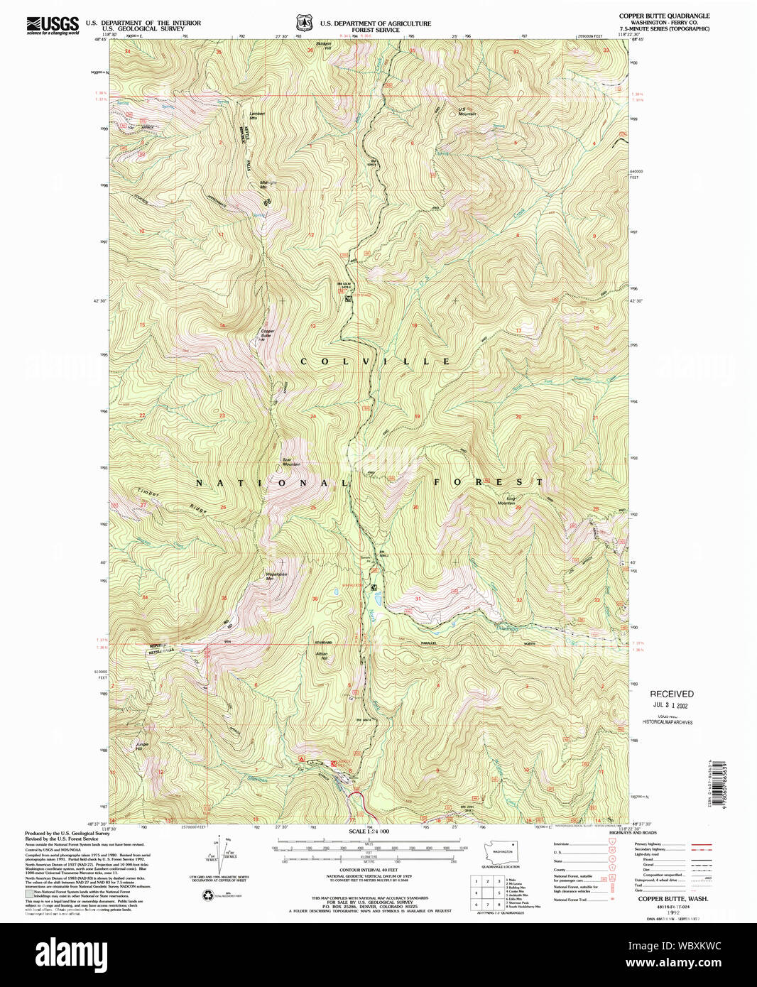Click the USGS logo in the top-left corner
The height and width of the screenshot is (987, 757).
coord(53,26)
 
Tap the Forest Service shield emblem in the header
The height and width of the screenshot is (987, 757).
coord(305,23)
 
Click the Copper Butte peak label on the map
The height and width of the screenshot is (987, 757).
coord(267,333)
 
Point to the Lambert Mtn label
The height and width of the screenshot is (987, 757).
coord(257,115)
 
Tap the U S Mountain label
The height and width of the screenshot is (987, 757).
coord(467,111)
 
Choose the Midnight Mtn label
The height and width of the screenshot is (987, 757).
coord(268,183)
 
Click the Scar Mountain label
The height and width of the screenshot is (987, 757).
coord(291,462)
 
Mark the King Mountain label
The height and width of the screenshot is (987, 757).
coord(506,501)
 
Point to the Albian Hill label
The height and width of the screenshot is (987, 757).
coord(322,655)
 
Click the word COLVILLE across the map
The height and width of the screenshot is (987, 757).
coord(375,361)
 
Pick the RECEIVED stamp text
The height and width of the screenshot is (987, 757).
coord(671,694)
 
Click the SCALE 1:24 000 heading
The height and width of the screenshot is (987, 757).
coord(369,831)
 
